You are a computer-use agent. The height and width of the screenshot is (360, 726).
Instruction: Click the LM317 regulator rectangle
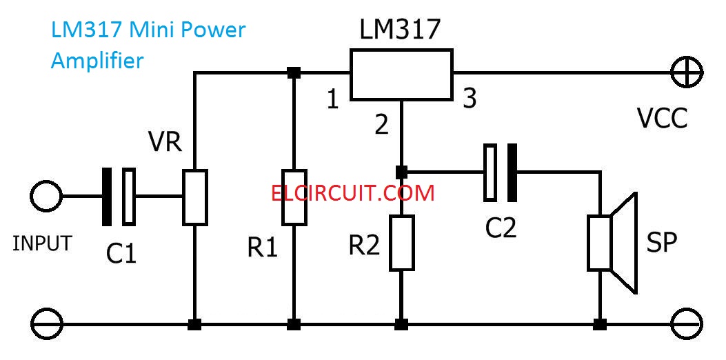401,74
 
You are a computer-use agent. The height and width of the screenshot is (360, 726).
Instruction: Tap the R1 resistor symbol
294,197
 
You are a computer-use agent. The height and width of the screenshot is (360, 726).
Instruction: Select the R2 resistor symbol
401,242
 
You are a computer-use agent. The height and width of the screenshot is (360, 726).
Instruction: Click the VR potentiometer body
195,197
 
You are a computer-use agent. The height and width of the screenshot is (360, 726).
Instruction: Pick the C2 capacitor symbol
501,172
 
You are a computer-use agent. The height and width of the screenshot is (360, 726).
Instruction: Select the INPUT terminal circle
46,197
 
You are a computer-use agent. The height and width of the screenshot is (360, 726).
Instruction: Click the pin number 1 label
333,101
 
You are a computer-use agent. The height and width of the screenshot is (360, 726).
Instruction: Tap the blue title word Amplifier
97,61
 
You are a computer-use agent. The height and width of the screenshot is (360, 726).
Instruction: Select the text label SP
662,242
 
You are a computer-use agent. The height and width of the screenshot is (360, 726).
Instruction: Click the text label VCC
662,119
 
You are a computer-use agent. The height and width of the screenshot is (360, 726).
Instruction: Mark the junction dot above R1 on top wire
294,72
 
